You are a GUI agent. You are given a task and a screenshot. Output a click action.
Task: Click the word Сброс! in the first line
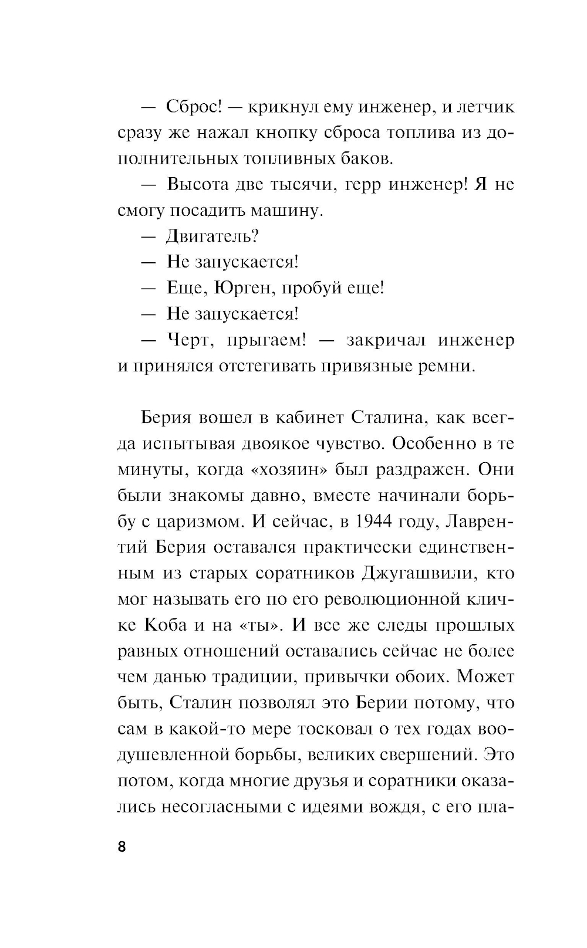coord(194,107)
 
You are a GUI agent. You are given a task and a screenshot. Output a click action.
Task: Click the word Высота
coord(201,185)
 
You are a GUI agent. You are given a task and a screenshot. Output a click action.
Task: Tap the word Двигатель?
coord(213,236)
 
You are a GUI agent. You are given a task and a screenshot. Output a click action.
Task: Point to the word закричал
coord(384,340)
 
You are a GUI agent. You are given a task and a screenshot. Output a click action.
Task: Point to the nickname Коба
coord(166,624)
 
